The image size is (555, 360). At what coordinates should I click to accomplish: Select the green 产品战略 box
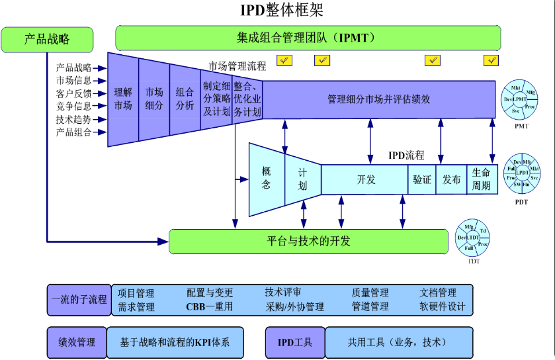click(47, 39)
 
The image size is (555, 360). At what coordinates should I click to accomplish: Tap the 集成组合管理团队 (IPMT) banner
click(306, 38)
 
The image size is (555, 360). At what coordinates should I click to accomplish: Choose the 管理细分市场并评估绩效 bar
click(379, 99)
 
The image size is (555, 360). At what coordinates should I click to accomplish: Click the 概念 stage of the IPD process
click(266, 178)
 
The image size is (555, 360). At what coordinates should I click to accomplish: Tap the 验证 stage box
click(422, 179)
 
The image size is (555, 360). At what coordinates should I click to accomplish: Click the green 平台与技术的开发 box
click(310, 241)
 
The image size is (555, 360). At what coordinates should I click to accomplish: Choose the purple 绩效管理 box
click(77, 342)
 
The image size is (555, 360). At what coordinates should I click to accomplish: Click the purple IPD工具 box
click(295, 342)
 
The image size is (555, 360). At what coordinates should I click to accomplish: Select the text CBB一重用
click(209, 306)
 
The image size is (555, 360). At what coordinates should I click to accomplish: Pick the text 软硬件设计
click(443, 306)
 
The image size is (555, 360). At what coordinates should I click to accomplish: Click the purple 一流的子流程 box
click(78, 299)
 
